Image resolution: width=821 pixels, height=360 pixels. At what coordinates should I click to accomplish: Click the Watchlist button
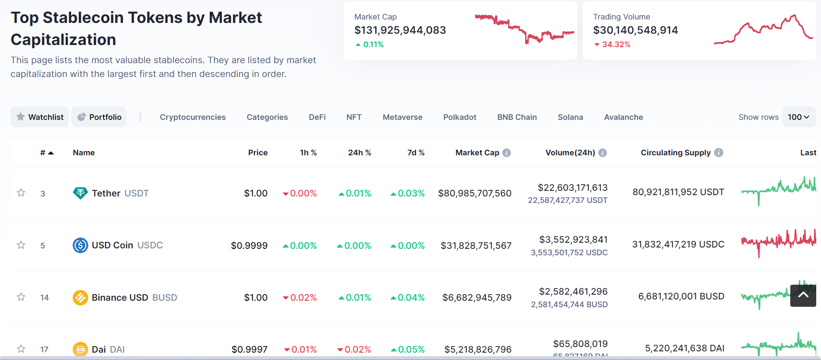pos(39,117)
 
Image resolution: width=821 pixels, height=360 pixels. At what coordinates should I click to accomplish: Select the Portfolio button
pos(99,117)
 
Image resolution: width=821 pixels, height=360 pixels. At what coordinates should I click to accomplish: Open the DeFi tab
pos(317,117)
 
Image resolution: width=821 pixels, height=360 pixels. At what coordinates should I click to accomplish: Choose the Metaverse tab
pos(402,117)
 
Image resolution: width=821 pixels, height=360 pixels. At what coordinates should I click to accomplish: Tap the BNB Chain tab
pos(517,117)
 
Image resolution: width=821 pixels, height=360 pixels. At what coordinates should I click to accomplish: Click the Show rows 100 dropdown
pos(799,117)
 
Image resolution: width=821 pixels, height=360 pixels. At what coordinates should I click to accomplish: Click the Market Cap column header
pos(477,153)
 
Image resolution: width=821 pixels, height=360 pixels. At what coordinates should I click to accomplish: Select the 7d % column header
pos(416,153)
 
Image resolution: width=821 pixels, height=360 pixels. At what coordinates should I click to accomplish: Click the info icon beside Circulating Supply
pos(718,153)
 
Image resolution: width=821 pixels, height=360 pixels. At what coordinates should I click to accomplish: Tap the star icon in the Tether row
pos(21,193)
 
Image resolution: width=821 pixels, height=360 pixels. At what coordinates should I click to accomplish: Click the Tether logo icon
pos(80,193)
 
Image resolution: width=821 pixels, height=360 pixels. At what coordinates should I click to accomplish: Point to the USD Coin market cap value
pos(476,246)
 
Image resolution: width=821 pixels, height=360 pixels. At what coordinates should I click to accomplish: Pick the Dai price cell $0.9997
pos(250,350)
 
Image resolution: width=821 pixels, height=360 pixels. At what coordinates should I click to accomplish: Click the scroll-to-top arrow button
pos(803,296)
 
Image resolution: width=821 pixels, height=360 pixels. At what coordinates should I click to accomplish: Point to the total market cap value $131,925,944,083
pos(400,30)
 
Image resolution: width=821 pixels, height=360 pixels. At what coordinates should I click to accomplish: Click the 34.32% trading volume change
pos(612,45)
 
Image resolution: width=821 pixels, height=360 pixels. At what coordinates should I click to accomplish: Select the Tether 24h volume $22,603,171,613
pos(572,188)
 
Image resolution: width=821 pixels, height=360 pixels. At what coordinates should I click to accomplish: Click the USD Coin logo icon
pos(80,245)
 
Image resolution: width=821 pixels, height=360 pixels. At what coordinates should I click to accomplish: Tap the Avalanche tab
pos(623,117)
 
